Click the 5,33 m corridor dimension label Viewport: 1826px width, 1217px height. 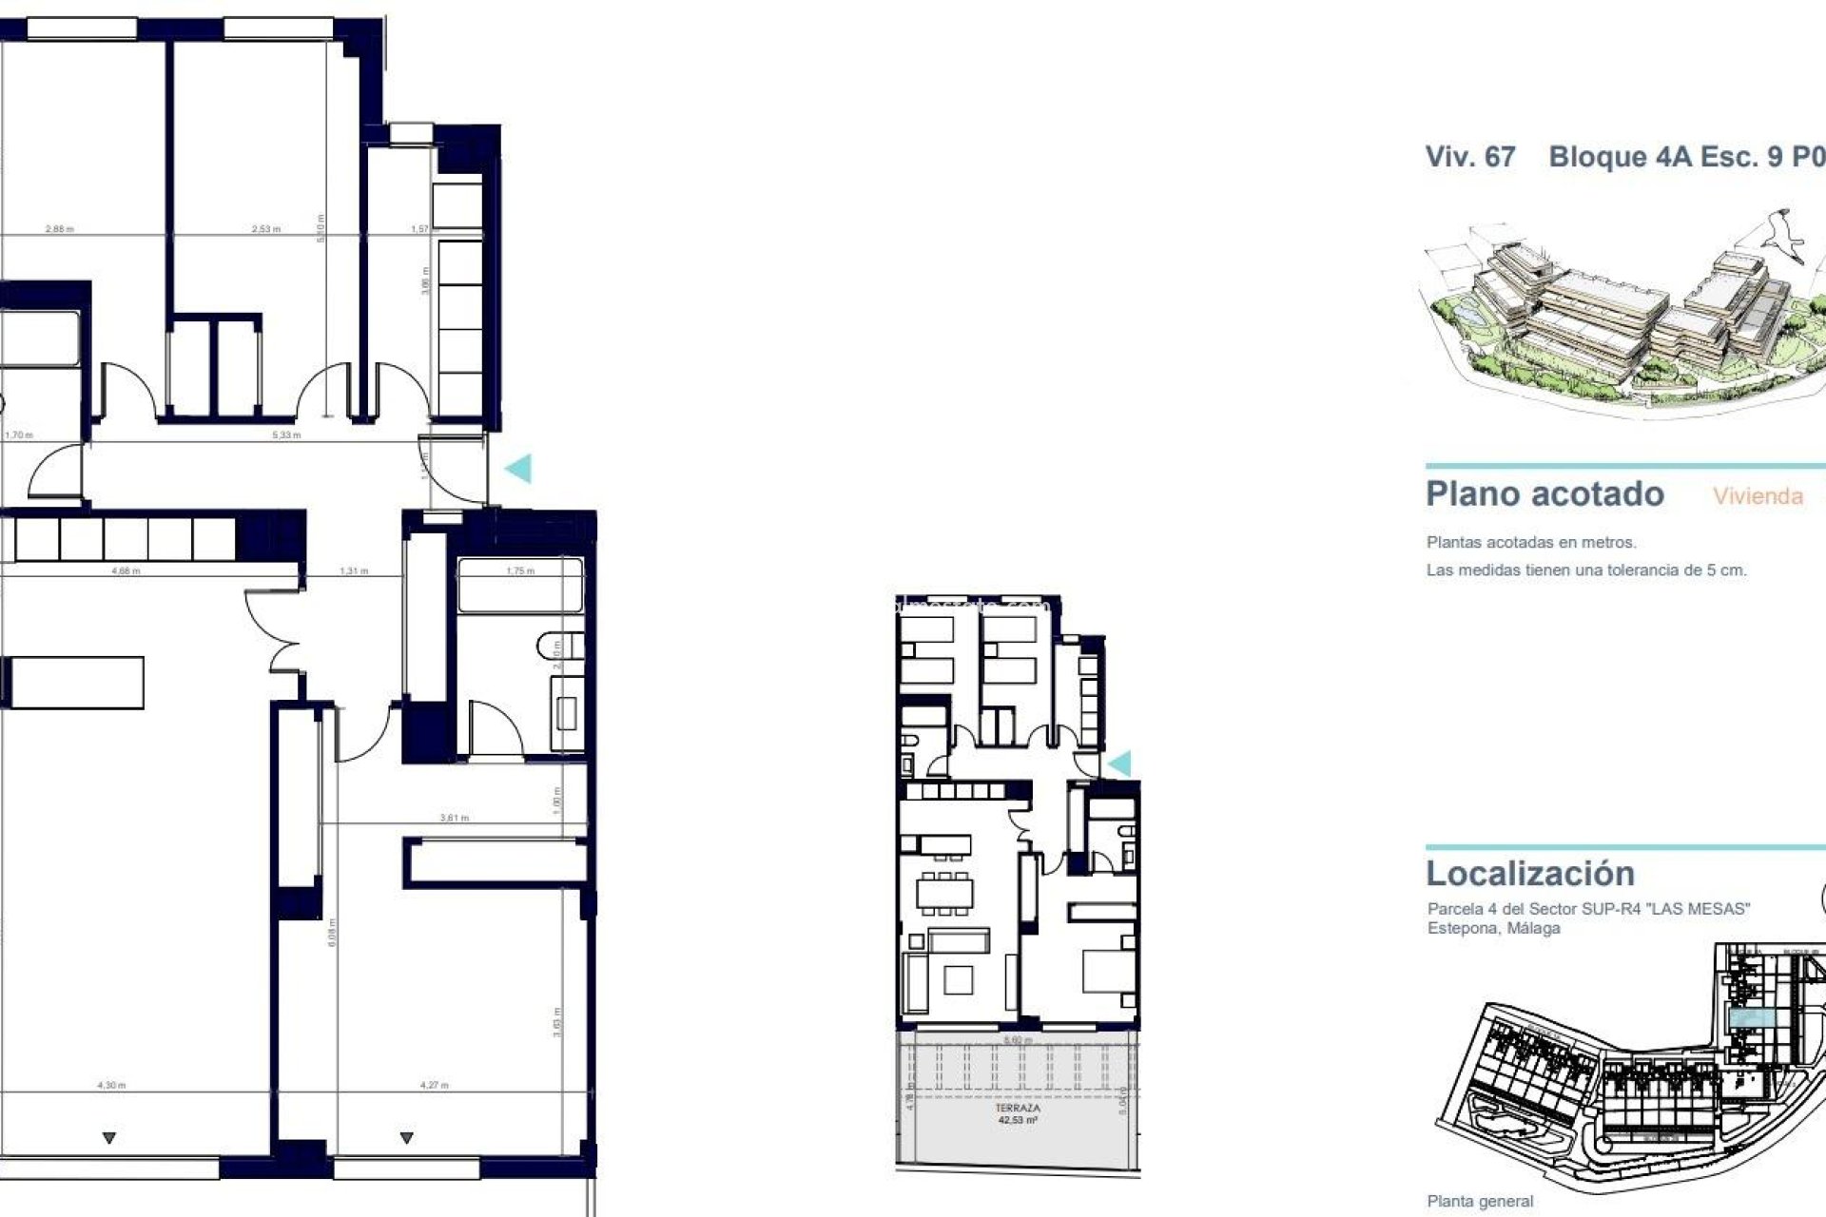[286, 435]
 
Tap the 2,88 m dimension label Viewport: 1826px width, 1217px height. [59, 229]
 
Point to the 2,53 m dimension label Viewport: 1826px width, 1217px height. [266, 229]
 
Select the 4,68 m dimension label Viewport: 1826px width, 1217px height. [126, 571]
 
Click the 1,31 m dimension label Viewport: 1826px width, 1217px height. [354, 571]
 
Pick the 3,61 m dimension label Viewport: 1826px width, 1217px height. [455, 818]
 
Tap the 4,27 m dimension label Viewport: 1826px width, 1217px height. [435, 1085]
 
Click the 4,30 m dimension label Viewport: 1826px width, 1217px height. [111, 1085]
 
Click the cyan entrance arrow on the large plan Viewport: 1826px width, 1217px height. [518, 468]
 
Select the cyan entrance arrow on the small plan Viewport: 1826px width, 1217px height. [1119, 763]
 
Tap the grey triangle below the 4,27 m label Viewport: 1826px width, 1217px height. [407, 1138]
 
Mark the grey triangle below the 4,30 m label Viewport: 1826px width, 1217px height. [109, 1138]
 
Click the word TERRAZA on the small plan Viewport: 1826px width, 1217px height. [1018, 1108]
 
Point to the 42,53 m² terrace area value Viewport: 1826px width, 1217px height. [1018, 1120]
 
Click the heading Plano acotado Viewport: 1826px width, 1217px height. [1544, 494]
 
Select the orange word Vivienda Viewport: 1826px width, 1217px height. [1758, 496]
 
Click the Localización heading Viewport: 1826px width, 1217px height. [1530, 873]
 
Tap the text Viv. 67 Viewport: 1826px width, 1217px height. [1469, 157]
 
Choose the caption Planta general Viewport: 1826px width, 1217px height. [1480, 1202]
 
